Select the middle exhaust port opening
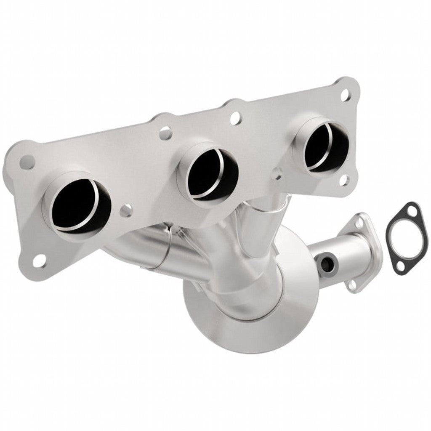(x=207, y=174)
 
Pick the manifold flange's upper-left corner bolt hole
(x=27, y=161)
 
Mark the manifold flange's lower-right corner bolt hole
(x=344, y=181)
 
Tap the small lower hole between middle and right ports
(x=276, y=173)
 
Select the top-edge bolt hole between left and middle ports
(x=165, y=133)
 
